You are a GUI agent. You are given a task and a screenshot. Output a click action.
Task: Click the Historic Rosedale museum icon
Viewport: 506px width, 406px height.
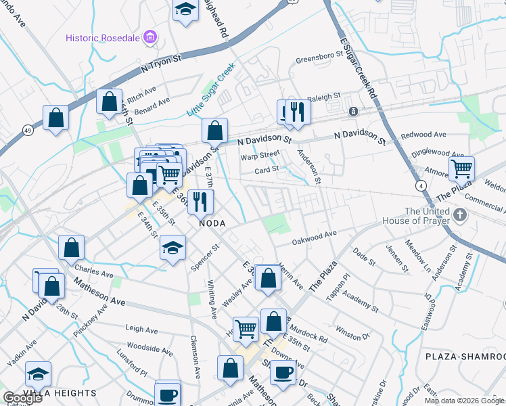pos(150,37)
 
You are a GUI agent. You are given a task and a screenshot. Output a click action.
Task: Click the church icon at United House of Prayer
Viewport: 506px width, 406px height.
pos(460,215)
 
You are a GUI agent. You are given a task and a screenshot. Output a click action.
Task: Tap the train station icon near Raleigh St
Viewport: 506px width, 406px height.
pos(352,111)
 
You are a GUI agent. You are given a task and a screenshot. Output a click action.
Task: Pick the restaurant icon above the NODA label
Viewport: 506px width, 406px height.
pos(200,201)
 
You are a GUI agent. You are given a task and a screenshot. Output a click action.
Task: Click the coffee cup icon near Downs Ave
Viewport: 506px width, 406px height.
pos(283,371)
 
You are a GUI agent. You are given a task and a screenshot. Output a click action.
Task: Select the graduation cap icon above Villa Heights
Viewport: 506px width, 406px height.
pos(38,373)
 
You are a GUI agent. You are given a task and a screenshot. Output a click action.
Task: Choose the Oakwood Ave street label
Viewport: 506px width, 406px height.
pos(314,238)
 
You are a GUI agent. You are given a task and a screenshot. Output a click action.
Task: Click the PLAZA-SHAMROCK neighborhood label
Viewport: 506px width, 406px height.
pos(465,356)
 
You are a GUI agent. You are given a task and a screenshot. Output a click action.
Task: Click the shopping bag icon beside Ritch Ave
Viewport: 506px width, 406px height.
pos(109,101)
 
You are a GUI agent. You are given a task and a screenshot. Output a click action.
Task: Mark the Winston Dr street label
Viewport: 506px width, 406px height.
pos(352,332)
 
